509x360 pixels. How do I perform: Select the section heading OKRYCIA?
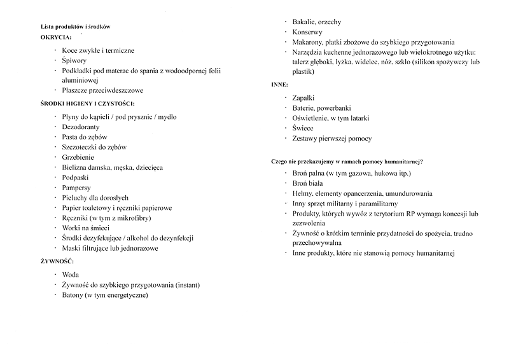pyautogui.click(x=56, y=38)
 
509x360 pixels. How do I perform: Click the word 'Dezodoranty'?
pyautogui.click(x=81, y=127)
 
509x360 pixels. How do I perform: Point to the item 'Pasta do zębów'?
pyautogui.click(x=85, y=137)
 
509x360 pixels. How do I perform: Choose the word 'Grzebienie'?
pyautogui.click(x=79, y=157)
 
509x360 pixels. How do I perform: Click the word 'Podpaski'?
pyautogui.click(x=76, y=177)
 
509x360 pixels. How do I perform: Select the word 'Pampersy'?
pyautogui.click(x=77, y=188)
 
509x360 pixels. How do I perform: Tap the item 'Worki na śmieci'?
pyautogui.click(x=85, y=228)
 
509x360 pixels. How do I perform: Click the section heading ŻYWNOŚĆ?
pyautogui.click(x=57, y=261)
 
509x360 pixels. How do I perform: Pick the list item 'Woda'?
pyautogui.click(x=71, y=275)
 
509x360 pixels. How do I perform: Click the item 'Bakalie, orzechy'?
pyautogui.click(x=317, y=22)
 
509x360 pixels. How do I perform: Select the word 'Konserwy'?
pyautogui.click(x=307, y=32)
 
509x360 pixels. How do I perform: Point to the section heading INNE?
pyautogui.click(x=280, y=84)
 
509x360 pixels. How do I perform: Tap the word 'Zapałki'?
pyautogui.click(x=305, y=99)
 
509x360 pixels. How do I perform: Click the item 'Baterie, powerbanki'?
pyautogui.click(x=321, y=108)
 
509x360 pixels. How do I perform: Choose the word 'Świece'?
pyautogui.click(x=303, y=128)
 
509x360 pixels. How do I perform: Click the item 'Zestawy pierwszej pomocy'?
pyautogui.click(x=331, y=139)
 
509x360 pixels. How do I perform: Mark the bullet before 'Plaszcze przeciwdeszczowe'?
pyautogui.click(x=56, y=90)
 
